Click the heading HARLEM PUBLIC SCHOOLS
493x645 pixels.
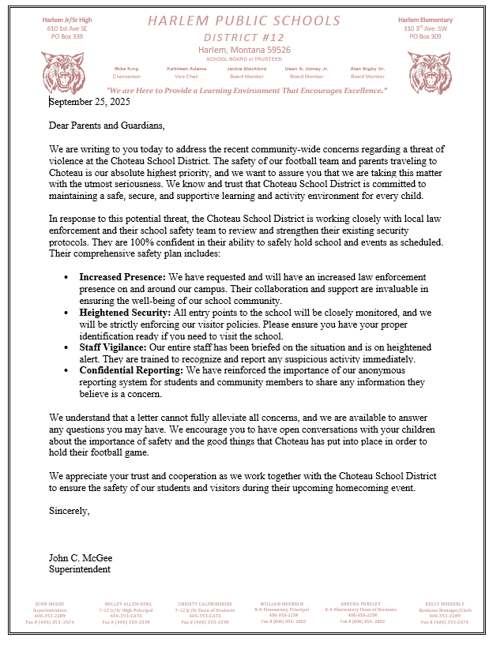[x=246, y=21]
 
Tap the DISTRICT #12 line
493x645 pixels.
[x=246, y=36]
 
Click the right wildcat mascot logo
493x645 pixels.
[x=428, y=73]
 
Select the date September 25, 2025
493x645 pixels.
[x=89, y=101]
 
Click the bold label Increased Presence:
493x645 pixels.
[x=122, y=278]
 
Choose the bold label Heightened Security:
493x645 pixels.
[x=125, y=313]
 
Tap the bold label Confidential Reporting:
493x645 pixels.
[x=134, y=371]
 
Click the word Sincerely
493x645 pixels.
[x=70, y=511]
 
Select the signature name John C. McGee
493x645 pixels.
[x=81, y=558]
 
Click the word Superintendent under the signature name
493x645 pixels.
[x=80, y=568]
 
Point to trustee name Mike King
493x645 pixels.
[x=126, y=69]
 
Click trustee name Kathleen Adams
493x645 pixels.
[x=186, y=69]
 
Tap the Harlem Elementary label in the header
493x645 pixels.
[x=425, y=20]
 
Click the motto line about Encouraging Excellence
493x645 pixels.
[x=246, y=91]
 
